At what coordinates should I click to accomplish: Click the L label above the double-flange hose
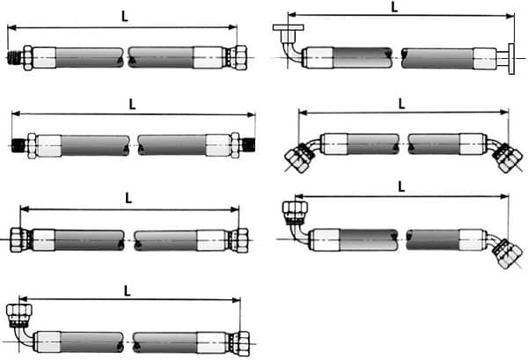click(394, 7)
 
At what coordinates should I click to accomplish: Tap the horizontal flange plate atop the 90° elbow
click(289, 27)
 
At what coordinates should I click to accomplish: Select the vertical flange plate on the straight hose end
click(511, 59)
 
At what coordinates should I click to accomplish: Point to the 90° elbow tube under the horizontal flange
click(290, 50)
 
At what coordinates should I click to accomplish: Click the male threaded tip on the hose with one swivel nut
click(15, 57)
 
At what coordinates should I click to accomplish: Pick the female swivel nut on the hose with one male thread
click(240, 57)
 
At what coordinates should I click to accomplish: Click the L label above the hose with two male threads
click(132, 104)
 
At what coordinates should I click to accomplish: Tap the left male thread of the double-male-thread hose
click(18, 145)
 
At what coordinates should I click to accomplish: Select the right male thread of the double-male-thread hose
click(248, 145)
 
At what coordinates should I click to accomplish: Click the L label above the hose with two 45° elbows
click(401, 104)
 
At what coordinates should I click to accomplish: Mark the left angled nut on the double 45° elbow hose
click(298, 158)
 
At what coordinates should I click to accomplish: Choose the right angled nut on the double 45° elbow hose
click(508, 158)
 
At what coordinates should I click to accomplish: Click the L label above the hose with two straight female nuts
click(128, 198)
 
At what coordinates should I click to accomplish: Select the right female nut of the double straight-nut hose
click(239, 240)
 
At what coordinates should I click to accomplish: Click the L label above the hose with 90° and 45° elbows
click(401, 187)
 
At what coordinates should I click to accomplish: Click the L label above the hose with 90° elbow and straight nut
click(127, 290)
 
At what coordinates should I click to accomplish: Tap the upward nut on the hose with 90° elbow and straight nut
click(19, 315)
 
